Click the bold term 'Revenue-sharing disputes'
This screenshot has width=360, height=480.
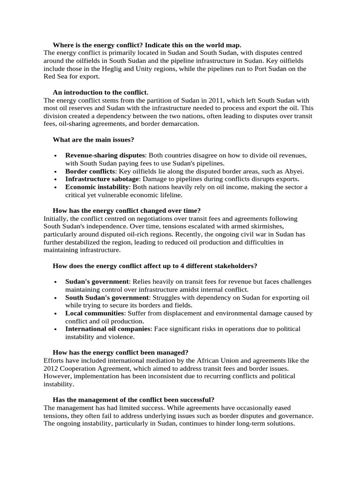[x=105, y=155]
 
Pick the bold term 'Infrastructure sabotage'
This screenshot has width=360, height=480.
[x=102, y=179]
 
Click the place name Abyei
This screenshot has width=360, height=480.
[x=294, y=171]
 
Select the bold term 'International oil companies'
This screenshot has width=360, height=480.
[x=108, y=329]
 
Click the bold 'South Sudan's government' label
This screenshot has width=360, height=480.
[x=107, y=298]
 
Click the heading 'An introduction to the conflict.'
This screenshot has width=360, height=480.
[x=100, y=92]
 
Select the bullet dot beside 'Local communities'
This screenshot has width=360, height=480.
[x=56, y=314]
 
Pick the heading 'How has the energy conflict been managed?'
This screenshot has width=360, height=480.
[x=120, y=352]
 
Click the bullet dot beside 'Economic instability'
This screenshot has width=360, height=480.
[x=56, y=187]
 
